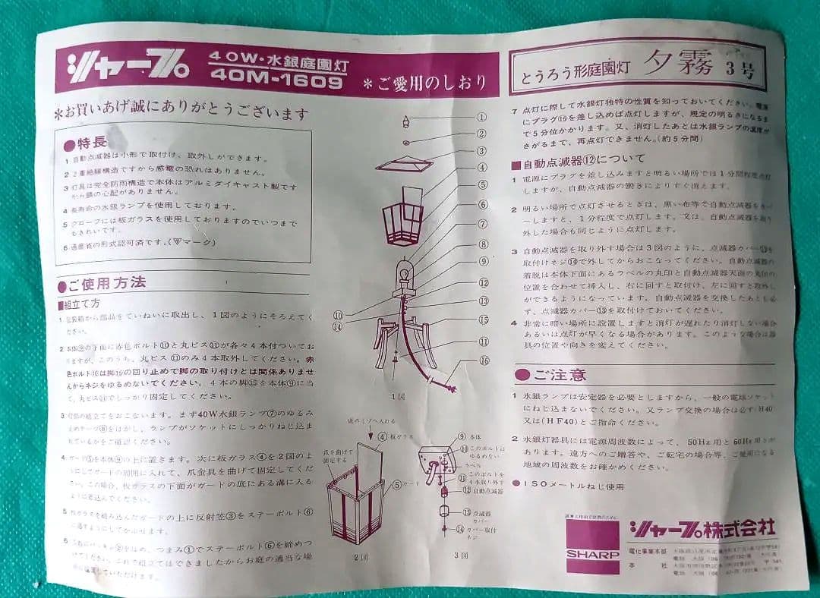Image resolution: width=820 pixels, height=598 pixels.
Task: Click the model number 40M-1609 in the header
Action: pyautogui.click(x=277, y=79)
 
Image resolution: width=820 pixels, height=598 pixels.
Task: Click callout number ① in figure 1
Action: pyautogui.click(x=481, y=118)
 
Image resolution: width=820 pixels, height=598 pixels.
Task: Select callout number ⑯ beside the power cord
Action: pyautogui.click(x=484, y=360)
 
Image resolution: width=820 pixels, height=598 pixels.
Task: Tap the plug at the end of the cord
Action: pyautogui.click(x=453, y=389)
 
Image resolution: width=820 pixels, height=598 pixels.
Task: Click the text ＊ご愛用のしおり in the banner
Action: pyautogui.click(x=425, y=83)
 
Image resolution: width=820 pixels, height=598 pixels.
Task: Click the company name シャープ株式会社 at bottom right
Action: pyautogui.click(x=702, y=527)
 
